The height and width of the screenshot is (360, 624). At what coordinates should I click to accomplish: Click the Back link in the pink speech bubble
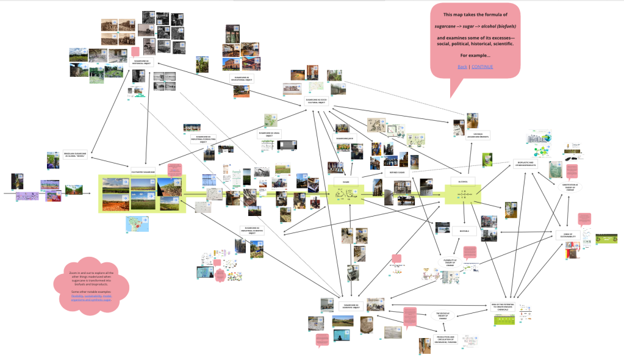(x=462, y=67)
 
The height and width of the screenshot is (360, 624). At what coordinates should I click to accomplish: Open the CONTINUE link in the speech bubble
(x=482, y=67)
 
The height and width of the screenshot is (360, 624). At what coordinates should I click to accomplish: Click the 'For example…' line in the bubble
(x=475, y=56)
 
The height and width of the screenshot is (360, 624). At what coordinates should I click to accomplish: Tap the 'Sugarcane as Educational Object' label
(x=242, y=79)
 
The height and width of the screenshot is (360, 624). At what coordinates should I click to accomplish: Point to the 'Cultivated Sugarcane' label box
(x=143, y=172)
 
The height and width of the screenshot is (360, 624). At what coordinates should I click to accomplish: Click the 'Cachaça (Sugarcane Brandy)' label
(x=473, y=136)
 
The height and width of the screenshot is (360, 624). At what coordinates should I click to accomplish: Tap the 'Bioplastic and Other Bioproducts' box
(x=525, y=163)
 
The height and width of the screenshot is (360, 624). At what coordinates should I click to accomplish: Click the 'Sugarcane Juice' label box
(x=345, y=139)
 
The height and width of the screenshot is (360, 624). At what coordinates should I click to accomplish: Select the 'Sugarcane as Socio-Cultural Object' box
(x=317, y=100)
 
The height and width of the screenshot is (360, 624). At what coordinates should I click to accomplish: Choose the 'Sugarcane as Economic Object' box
(x=351, y=305)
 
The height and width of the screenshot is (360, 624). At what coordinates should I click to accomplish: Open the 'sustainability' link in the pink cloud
(x=95, y=297)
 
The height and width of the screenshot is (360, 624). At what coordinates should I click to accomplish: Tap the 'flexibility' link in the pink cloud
(x=78, y=297)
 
